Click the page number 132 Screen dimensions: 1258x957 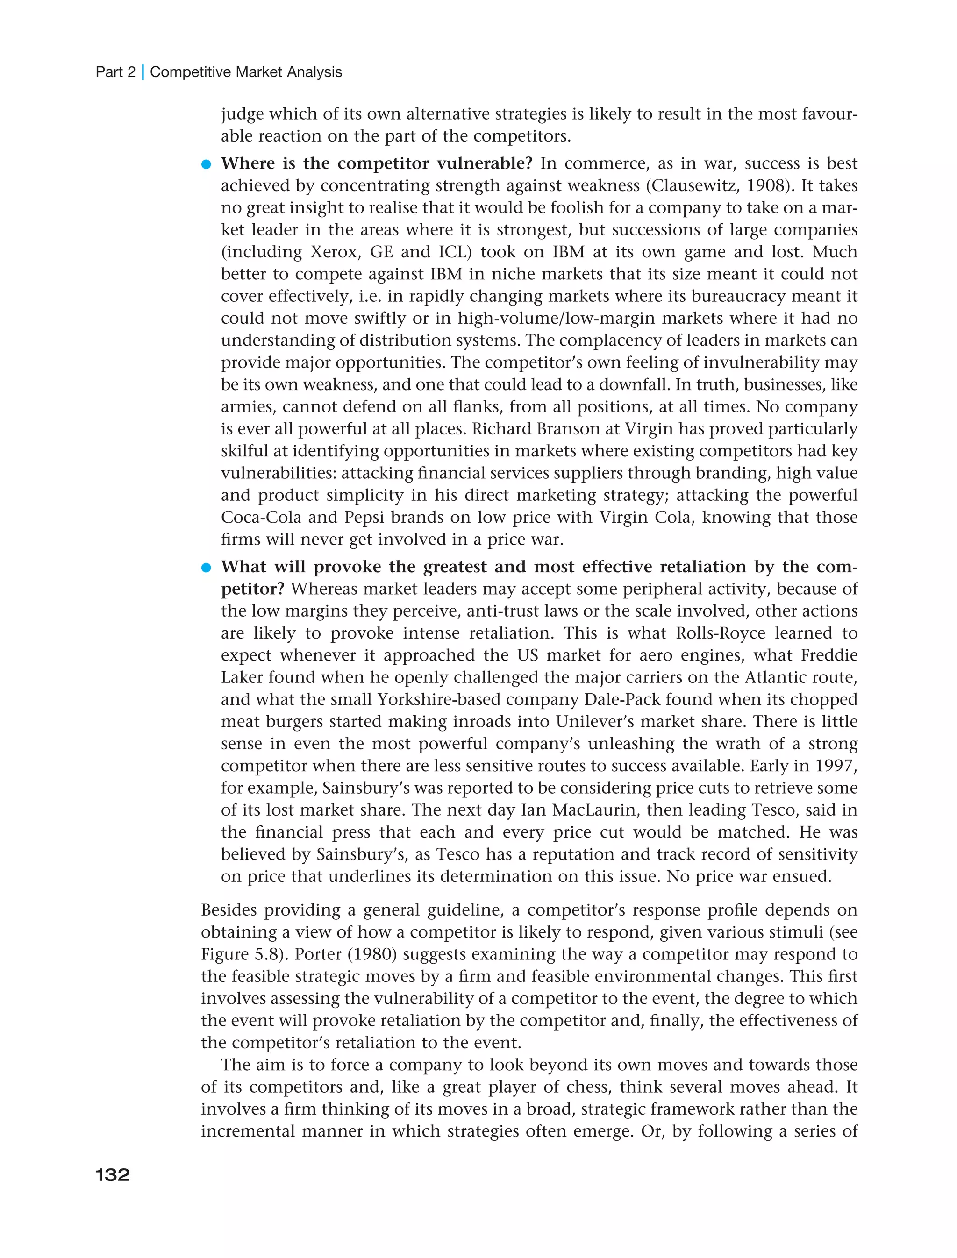click(x=113, y=1175)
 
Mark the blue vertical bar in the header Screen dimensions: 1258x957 click(x=143, y=72)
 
